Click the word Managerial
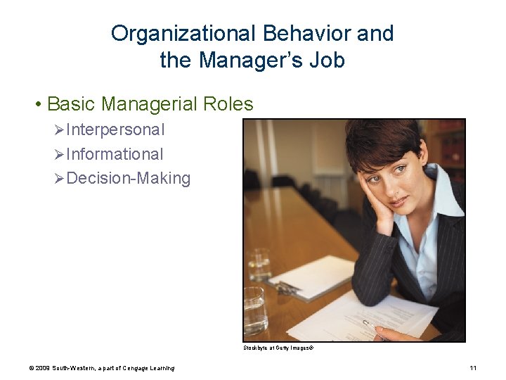[149, 105]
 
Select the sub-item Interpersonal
[115, 130]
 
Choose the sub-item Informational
[115, 154]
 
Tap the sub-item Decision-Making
[129, 179]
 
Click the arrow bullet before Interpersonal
[59, 130]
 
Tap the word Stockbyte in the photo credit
[256, 348]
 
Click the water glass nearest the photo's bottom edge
[255, 311]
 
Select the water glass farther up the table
[259, 265]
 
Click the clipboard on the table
[309, 278]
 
